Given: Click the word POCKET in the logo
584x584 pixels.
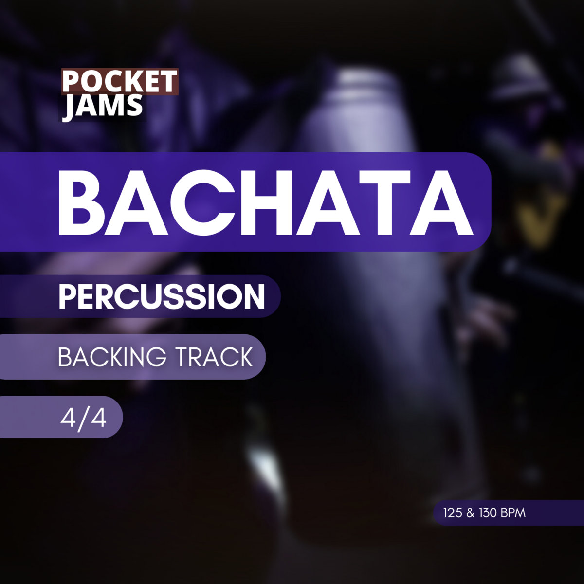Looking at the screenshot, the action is click(x=120, y=82).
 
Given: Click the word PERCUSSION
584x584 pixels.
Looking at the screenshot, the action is click(x=162, y=296).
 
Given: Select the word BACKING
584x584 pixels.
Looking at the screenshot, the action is click(x=112, y=356).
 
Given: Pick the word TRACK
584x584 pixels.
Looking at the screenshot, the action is click(x=214, y=356).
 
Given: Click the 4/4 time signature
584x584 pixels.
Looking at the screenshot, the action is click(x=83, y=419).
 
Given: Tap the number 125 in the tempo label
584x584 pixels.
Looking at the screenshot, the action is click(x=453, y=513).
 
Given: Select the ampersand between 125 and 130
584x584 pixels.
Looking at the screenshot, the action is click(x=470, y=513).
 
